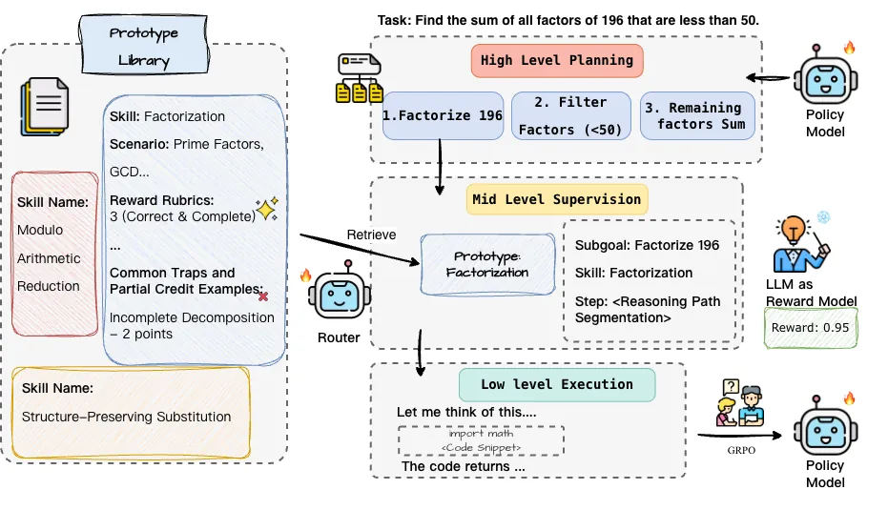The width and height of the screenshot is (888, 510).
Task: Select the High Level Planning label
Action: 557,60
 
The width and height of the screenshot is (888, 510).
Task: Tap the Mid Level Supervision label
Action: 557,199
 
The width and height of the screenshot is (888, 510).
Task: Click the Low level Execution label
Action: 557,384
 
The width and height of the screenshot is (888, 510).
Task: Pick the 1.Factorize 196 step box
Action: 442,115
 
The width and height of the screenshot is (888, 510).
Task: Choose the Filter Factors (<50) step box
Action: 572,115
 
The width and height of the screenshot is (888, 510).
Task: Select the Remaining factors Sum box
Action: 698,115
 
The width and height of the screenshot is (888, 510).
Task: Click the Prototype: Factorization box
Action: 488,264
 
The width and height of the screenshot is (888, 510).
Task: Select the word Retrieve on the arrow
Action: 372,235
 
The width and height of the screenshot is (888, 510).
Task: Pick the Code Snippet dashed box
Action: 480,440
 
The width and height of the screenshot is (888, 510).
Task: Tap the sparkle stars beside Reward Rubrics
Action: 266,210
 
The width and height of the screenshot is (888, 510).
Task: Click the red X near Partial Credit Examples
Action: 263,296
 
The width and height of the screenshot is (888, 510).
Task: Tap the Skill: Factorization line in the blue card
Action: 168,116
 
